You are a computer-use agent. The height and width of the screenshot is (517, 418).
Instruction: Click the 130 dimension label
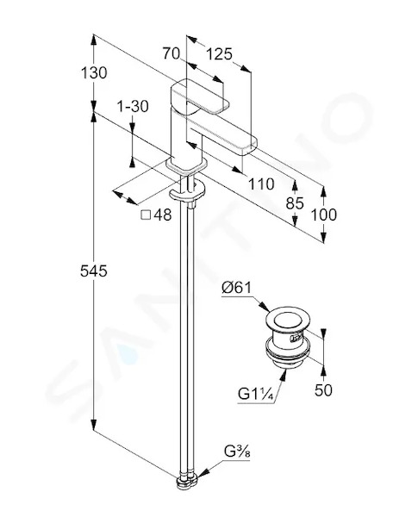pos(94,73)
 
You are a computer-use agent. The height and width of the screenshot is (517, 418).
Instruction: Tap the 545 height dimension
pos(94,271)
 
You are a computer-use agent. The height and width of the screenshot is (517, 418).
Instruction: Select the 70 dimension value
pos(171,53)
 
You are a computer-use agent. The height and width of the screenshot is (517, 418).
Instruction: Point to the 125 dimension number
pos(219,54)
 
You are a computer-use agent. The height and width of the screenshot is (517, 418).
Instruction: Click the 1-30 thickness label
pos(133,106)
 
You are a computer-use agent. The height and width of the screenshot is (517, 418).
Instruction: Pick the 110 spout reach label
pos(261,184)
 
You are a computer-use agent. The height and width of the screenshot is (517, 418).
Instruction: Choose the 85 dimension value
pos(295,203)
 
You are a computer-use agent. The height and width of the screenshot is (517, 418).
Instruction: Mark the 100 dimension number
pos(324,215)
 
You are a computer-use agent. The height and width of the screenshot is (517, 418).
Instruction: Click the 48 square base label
pos(163,215)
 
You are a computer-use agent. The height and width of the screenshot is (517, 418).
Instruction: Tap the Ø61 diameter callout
pos(236,288)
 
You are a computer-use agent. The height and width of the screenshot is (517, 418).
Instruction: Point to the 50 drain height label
pos(323,390)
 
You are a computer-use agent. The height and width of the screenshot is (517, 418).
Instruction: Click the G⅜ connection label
pos(237,451)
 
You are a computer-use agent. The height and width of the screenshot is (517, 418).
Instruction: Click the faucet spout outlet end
pos(250,146)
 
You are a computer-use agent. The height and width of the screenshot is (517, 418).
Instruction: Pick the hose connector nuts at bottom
pos(187,483)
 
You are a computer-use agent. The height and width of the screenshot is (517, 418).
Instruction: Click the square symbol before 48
pos(146,215)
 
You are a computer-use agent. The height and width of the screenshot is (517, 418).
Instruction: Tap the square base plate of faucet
pos(187,165)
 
